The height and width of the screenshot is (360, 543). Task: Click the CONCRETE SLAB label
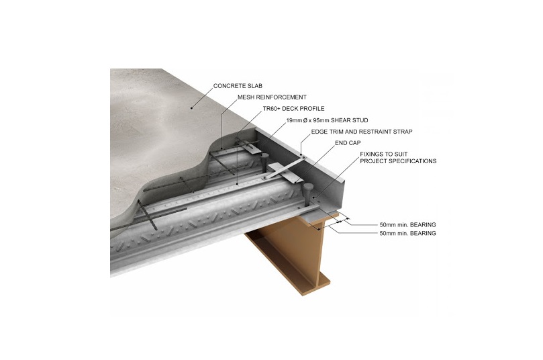[x=238, y=86]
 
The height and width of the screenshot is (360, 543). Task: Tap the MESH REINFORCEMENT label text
[x=272, y=97]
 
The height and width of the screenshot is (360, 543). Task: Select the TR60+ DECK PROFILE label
[x=294, y=108]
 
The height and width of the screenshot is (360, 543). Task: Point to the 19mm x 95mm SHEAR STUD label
[x=327, y=120]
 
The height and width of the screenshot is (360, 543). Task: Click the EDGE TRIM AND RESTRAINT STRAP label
[x=362, y=132]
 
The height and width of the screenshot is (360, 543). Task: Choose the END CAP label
[x=348, y=143]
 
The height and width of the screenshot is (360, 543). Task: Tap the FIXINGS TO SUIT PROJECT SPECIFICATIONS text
[x=398, y=158]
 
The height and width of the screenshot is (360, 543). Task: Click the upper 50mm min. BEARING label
[x=407, y=225]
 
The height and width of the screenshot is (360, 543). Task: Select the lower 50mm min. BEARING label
[x=407, y=234]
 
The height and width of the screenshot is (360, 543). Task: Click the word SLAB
[x=255, y=86]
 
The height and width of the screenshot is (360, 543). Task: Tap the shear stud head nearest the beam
[x=308, y=187]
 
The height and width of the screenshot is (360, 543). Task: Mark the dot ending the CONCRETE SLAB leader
[x=191, y=107]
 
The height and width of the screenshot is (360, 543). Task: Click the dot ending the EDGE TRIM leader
[x=301, y=154]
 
